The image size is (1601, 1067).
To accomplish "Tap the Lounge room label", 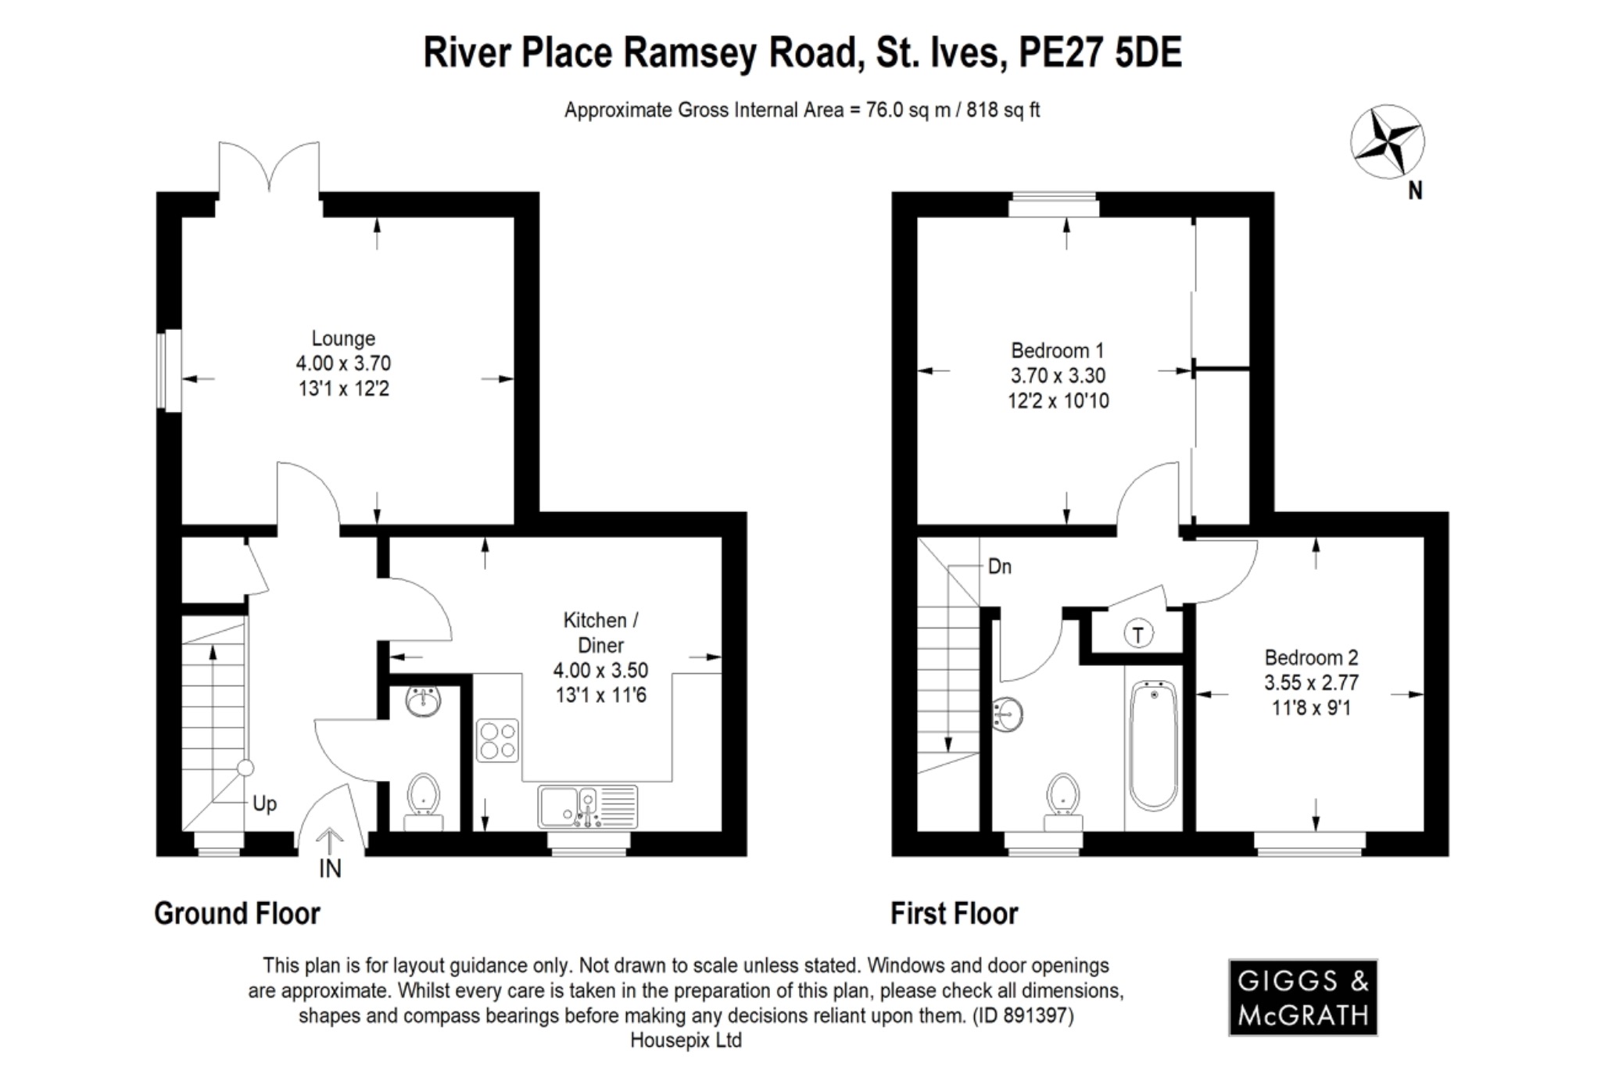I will [x=343, y=338].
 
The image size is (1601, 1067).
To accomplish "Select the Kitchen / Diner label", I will [x=600, y=632].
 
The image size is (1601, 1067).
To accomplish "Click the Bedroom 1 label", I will [x=1057, y=350].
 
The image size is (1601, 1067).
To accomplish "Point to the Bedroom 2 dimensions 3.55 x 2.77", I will [x=1311, y=682].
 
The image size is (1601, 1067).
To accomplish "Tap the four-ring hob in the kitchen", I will [x=497, y=740].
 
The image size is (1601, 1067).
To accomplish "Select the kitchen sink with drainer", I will [x=587, y=806].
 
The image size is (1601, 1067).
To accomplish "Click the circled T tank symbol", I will [x=1138, y=635].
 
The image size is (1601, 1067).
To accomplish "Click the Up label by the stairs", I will [x=264, y=804].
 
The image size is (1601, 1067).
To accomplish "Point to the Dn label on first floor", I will [x=999, y=566].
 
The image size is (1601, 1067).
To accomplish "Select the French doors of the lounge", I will [x=269, y=168].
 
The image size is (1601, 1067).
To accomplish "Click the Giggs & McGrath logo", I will [x=1302, y=997].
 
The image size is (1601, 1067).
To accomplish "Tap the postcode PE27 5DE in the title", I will [x=1101, y=53].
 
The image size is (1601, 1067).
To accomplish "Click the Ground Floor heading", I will [x=237, y=913].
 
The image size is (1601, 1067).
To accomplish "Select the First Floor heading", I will [x=954, y=913].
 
